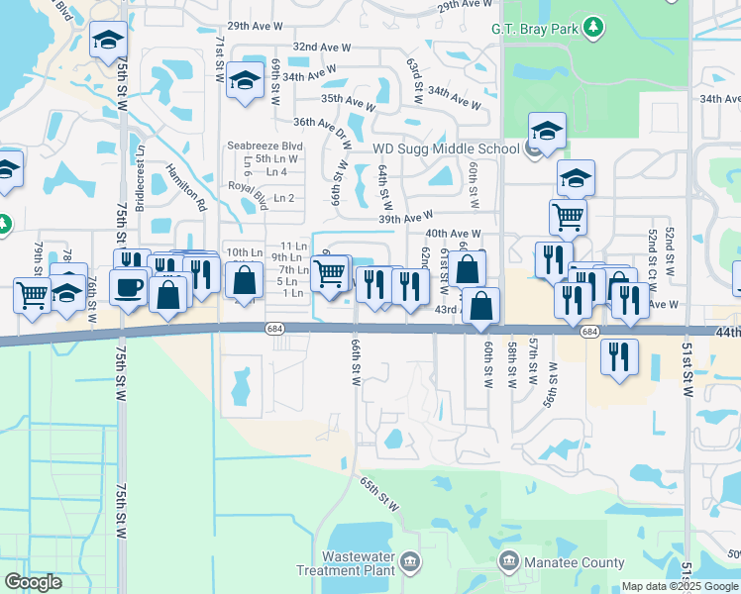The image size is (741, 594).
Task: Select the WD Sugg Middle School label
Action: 446,149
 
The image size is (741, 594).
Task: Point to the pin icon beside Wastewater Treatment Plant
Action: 410,563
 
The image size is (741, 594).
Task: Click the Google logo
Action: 33,582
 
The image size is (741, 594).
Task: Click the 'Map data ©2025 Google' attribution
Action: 680,586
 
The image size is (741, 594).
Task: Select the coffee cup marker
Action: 129,289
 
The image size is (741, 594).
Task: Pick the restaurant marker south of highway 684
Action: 619,357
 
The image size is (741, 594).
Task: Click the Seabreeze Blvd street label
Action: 265,146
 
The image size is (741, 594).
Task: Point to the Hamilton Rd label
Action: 185,188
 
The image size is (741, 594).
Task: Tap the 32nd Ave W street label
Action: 319,47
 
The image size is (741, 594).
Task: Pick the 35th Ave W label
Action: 348,101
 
